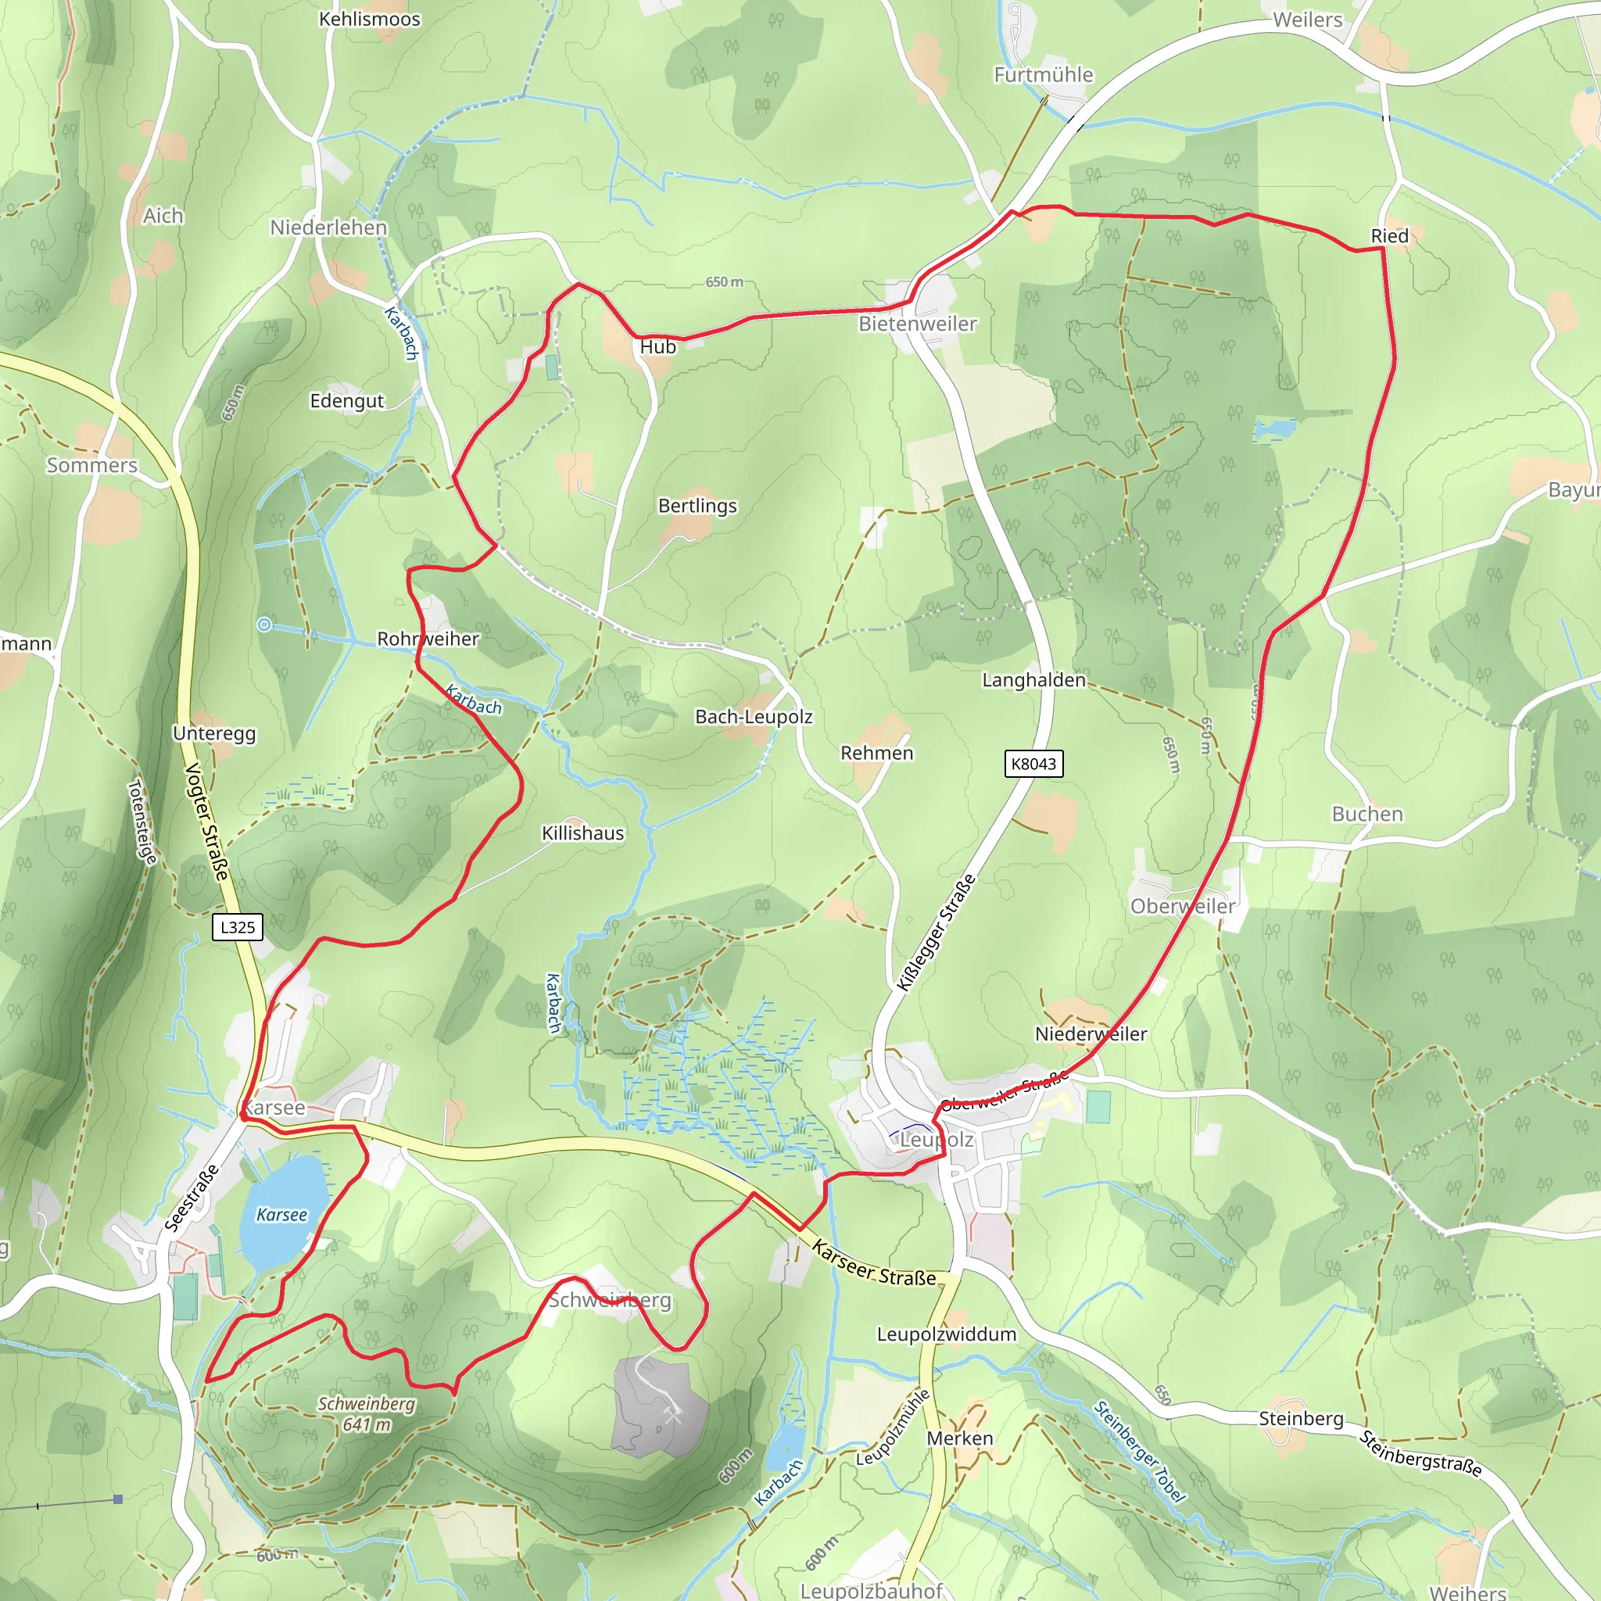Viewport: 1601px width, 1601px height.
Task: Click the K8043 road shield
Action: click(1033, 763)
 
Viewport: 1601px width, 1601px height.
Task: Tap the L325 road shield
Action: click(238, 926)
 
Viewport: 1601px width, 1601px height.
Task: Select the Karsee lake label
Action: click(281, 1215)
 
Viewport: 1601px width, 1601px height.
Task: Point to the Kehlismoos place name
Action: click(370, 19)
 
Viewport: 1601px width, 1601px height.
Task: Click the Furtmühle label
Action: click(1044, 74)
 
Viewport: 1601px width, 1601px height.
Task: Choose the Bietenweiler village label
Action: click(917, 324)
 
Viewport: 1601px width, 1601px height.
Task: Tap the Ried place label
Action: click(1390, 236)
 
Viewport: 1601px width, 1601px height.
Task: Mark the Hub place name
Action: click(658, 347)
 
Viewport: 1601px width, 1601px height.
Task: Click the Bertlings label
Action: click(697, 506)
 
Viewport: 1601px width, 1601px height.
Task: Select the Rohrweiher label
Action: click(428, 639)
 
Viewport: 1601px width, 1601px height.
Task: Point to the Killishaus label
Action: click(582, 833)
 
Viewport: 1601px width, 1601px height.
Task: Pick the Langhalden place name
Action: click(1033, 679)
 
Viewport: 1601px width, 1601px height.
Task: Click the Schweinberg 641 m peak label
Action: click(367, 1413)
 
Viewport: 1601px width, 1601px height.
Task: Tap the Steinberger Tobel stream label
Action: click(1140, 1451)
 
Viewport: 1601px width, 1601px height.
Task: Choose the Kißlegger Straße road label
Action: click(937, 933)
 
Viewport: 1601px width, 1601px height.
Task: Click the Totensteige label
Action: click(141, 822)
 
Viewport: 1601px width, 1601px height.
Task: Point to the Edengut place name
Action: click(346, 401)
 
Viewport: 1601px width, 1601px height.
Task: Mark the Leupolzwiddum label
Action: click(947, 1334)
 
